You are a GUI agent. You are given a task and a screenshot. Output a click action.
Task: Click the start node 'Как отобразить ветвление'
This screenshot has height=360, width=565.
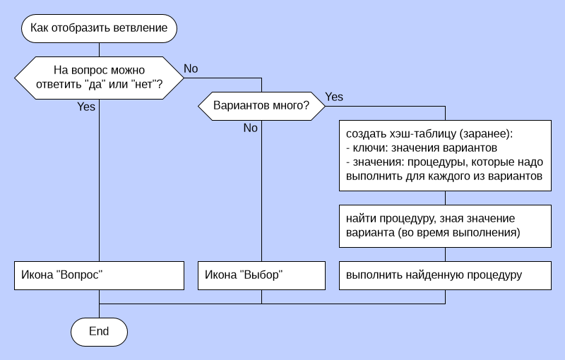point(99,29)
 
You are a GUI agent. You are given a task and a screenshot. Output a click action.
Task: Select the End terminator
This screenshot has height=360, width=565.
point(99,331)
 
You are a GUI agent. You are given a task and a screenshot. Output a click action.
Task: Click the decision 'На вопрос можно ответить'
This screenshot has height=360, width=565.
point(99,78)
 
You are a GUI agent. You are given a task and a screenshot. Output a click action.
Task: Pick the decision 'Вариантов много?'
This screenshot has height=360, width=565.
point(261,107)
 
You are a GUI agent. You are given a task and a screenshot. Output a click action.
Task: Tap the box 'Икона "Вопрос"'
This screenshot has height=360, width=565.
point(99,275)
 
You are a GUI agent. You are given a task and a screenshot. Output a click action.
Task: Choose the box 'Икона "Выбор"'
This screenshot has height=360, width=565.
point(261,275)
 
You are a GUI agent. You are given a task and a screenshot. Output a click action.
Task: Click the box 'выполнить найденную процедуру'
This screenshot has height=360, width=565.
point(445,275)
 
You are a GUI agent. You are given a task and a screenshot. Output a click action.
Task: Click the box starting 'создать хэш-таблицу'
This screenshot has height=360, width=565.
point(445,155)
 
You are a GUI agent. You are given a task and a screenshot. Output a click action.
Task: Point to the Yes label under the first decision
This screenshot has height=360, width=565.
point(86,107)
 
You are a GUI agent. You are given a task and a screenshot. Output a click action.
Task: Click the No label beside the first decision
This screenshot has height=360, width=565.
point(191,68)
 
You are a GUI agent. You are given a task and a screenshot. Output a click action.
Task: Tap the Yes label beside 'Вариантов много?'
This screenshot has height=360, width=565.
point(334,97)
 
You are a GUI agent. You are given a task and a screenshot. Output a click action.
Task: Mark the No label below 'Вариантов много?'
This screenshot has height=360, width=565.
point(251,128)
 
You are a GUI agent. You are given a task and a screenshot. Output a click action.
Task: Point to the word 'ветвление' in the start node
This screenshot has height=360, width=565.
point(143,29)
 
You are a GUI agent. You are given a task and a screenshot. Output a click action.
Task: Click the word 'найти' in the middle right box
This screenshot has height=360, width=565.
point(360,218)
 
